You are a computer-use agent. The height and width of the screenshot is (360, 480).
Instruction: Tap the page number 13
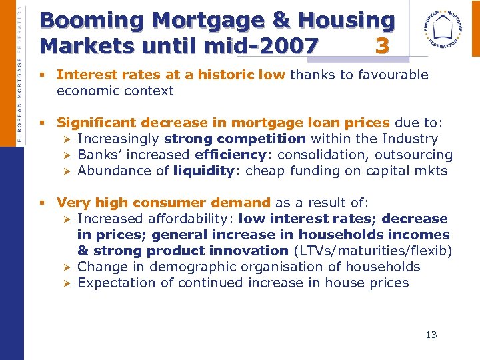tap(431, 335)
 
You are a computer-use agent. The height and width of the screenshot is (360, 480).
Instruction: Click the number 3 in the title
tap(381, 46)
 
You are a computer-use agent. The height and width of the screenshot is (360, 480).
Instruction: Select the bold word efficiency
tap(231, 155)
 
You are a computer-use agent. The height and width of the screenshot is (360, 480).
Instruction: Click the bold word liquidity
tap(202, 171)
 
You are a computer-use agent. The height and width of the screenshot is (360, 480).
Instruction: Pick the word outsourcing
tap(413, 155)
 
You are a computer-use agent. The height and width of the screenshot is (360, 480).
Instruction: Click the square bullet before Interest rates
tap(41, 75)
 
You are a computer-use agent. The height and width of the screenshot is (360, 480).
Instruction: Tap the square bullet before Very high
tap(41, 203)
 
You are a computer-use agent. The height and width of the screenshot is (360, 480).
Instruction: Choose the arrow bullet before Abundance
tap(65, 171)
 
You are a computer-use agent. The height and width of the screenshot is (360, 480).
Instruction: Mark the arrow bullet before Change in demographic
tap(65, 267)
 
